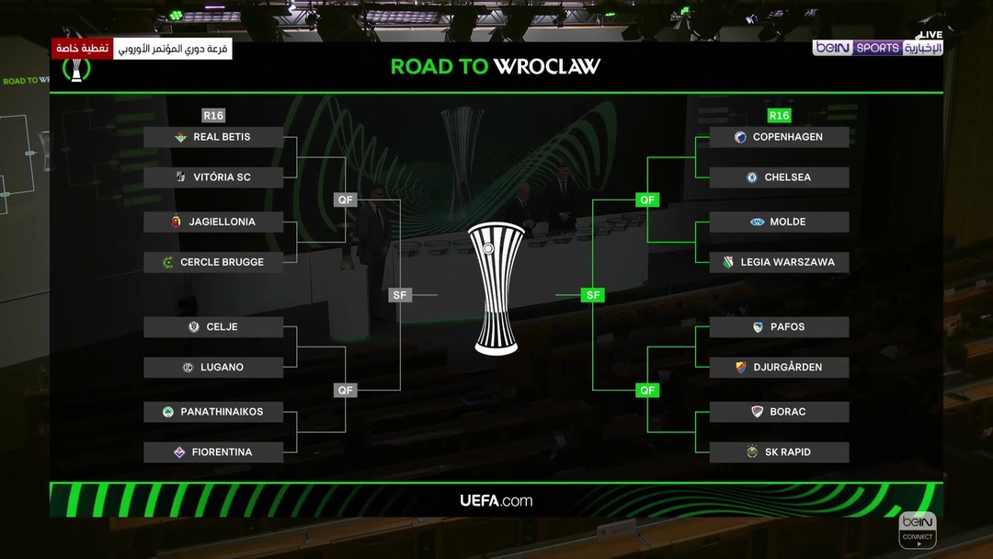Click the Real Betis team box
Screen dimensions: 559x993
pyautogui.click(x=213, y=137)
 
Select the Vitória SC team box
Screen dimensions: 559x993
pyautogui.click(x=213, y=177)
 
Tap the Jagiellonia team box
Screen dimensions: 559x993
pyautogui.click(x=213, y=222)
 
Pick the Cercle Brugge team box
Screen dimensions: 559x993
pyautogui.click(x=213, y=262)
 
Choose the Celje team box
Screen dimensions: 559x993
pyautogui.click(x=213, y=326)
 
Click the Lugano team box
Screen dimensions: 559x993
pyautogui.click(x=213, y=367)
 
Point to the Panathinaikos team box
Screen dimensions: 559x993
pyautogui.click(x=213, y=412)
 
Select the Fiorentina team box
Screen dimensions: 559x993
pyautogui.click(x=213, y=452)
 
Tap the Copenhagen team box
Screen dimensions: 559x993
pyautogui.click(x=779, y=137)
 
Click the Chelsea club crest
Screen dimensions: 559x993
pyautogui.click(x=751, y=177)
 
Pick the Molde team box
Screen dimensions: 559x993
pyautogui.click(x=779, y=222)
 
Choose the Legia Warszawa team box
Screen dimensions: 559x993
pyautogui.click(x=779, y=262)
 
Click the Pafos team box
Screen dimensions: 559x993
pyautogui.click(x=779, y=326)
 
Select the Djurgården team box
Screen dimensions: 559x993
pyautogui.click(x=779, y=367)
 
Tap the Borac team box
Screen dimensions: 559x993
pyautogui.click(x=779, y=412)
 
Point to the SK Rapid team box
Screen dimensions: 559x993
pyautogui.click(x=779, y=452)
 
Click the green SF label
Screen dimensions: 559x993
pyautogui.click(x=593, y=295)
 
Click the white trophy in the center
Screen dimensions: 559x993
pyautogui.click(x=496, y=287)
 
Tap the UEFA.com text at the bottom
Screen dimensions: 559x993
pyautogui.click(x=496, y=501)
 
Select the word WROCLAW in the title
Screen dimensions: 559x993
pyautogui.click(x=546, y=66)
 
